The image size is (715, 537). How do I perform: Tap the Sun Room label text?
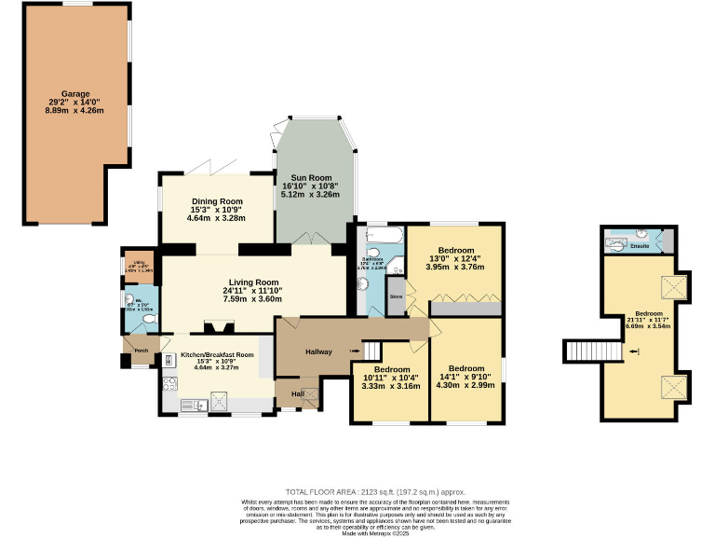[x=311, y=177]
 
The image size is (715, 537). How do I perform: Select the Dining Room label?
[x=217, y=201]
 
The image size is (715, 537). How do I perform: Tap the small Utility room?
[x=139, y=265]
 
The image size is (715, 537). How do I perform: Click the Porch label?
[x=142, y=351]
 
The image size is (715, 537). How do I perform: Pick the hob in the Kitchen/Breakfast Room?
[x=169, y=360]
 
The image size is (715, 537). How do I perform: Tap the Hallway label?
[x=319, y=351]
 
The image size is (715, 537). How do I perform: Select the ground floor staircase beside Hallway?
[x=371, y=351]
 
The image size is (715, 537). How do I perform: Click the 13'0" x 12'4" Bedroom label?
[x=456, y=251]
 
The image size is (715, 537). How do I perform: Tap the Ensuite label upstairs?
[x=640, y=246]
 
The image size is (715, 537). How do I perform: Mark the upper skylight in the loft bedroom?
[x=672, y=285]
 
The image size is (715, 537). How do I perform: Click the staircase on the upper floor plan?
[x=584, y=351]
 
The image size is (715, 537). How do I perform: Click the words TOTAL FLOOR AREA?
[x=322, y=491]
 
